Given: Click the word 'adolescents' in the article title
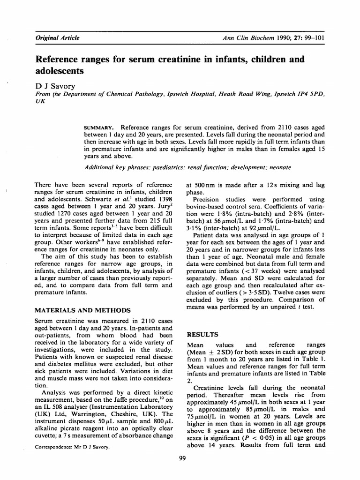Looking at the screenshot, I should click(x=60, y=71).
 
